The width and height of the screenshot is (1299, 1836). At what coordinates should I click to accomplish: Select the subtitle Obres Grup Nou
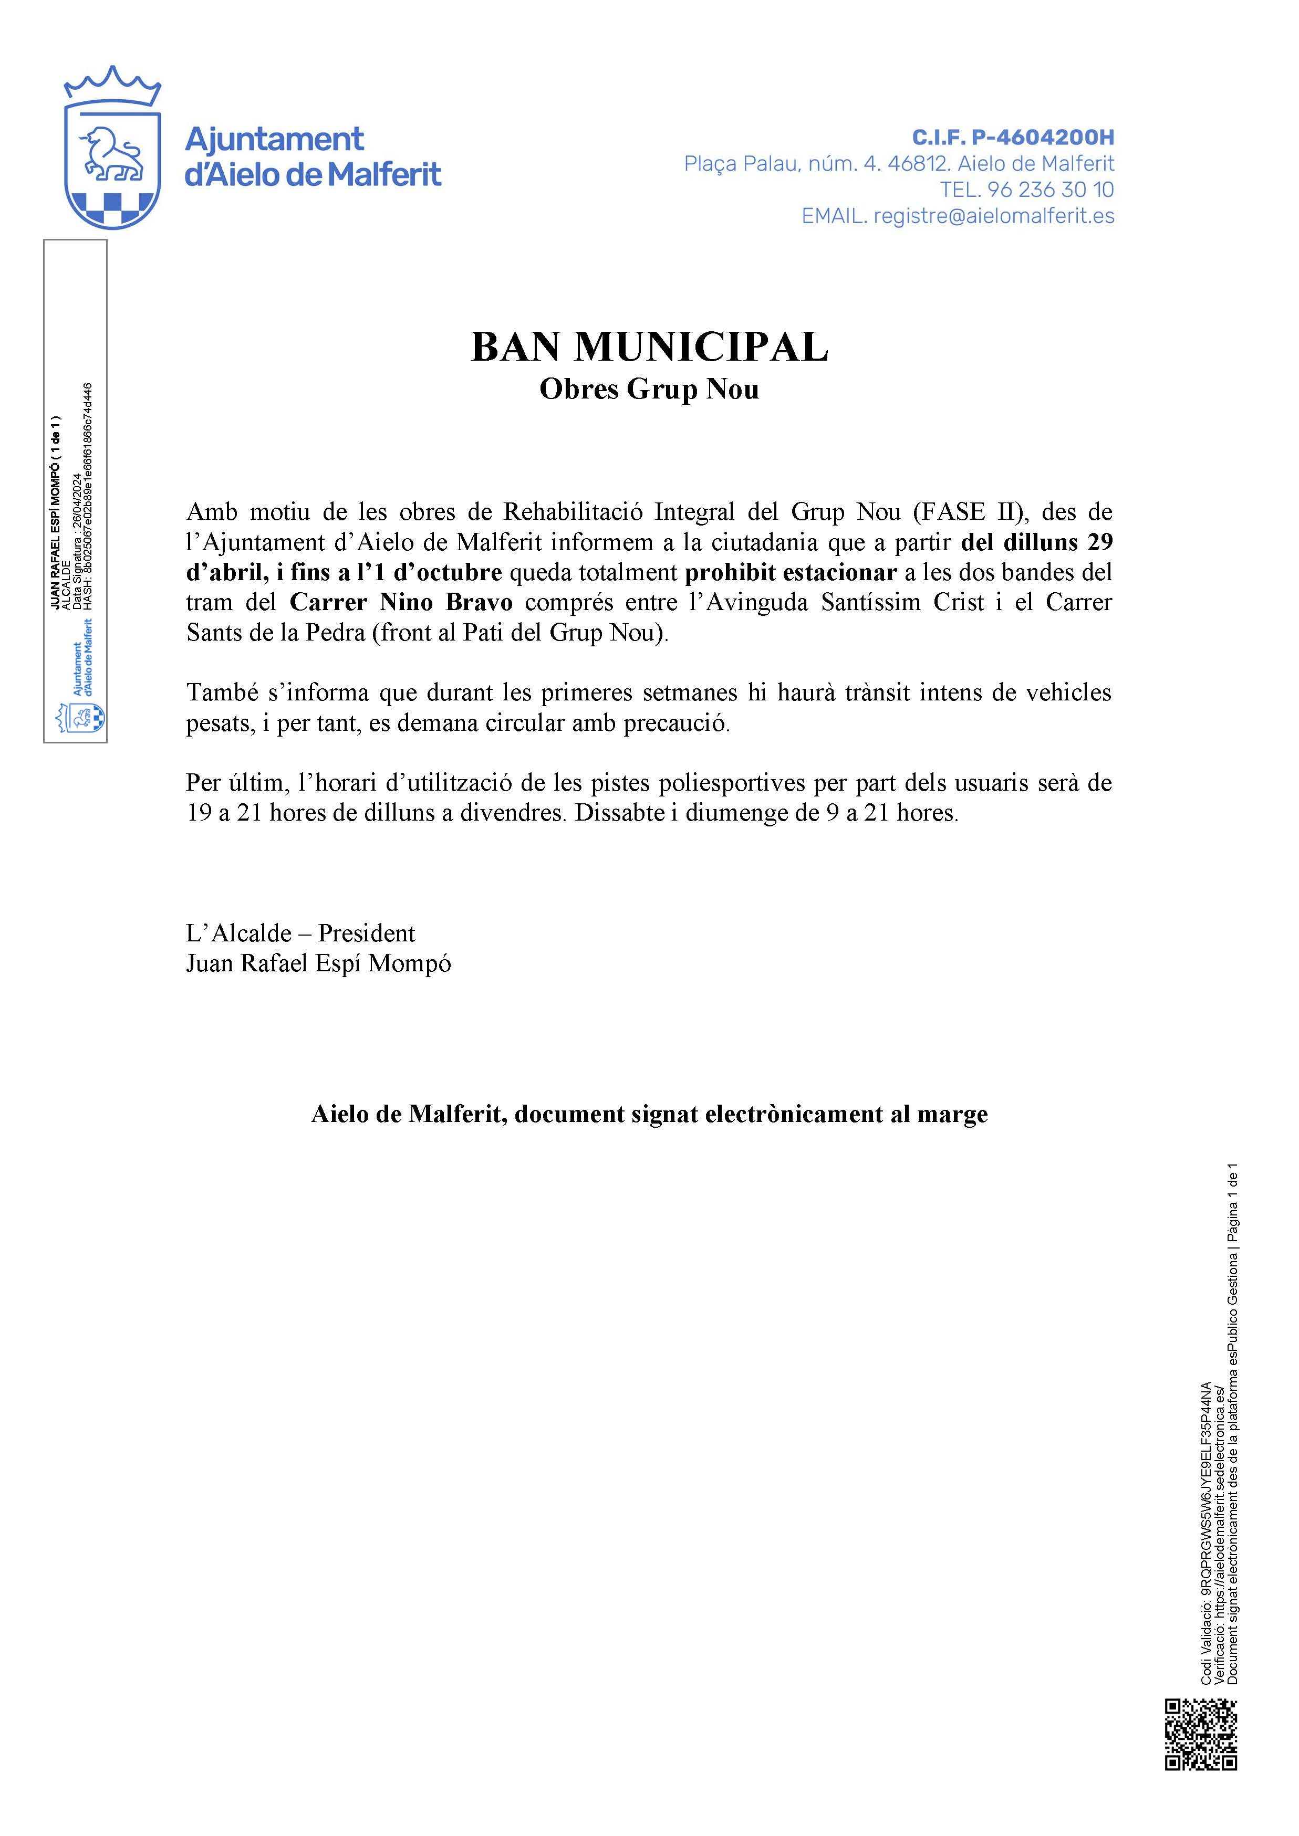tap(649, 390)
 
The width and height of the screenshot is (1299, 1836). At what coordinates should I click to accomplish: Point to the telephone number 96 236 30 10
tap(1050, 190)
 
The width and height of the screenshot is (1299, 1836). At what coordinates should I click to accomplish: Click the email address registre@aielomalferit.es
tap(993, 216)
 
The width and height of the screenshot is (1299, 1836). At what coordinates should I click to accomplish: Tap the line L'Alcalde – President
tap(300, 933)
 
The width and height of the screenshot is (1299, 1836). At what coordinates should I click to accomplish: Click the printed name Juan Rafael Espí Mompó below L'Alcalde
tap(318, 963)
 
